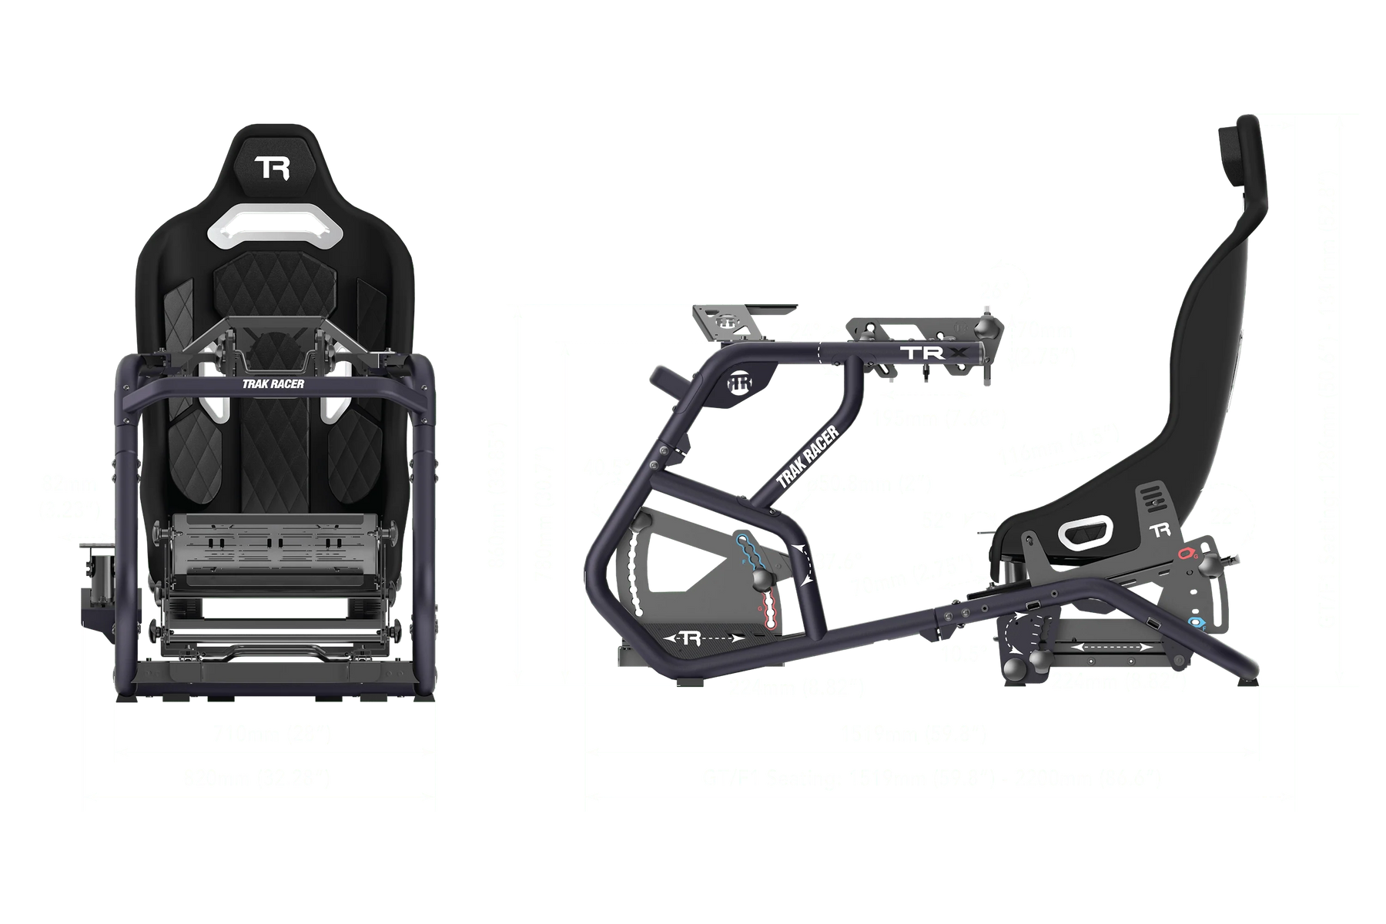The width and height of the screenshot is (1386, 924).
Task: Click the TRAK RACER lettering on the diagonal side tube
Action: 807,457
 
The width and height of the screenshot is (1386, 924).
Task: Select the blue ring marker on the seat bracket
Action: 1196,621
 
